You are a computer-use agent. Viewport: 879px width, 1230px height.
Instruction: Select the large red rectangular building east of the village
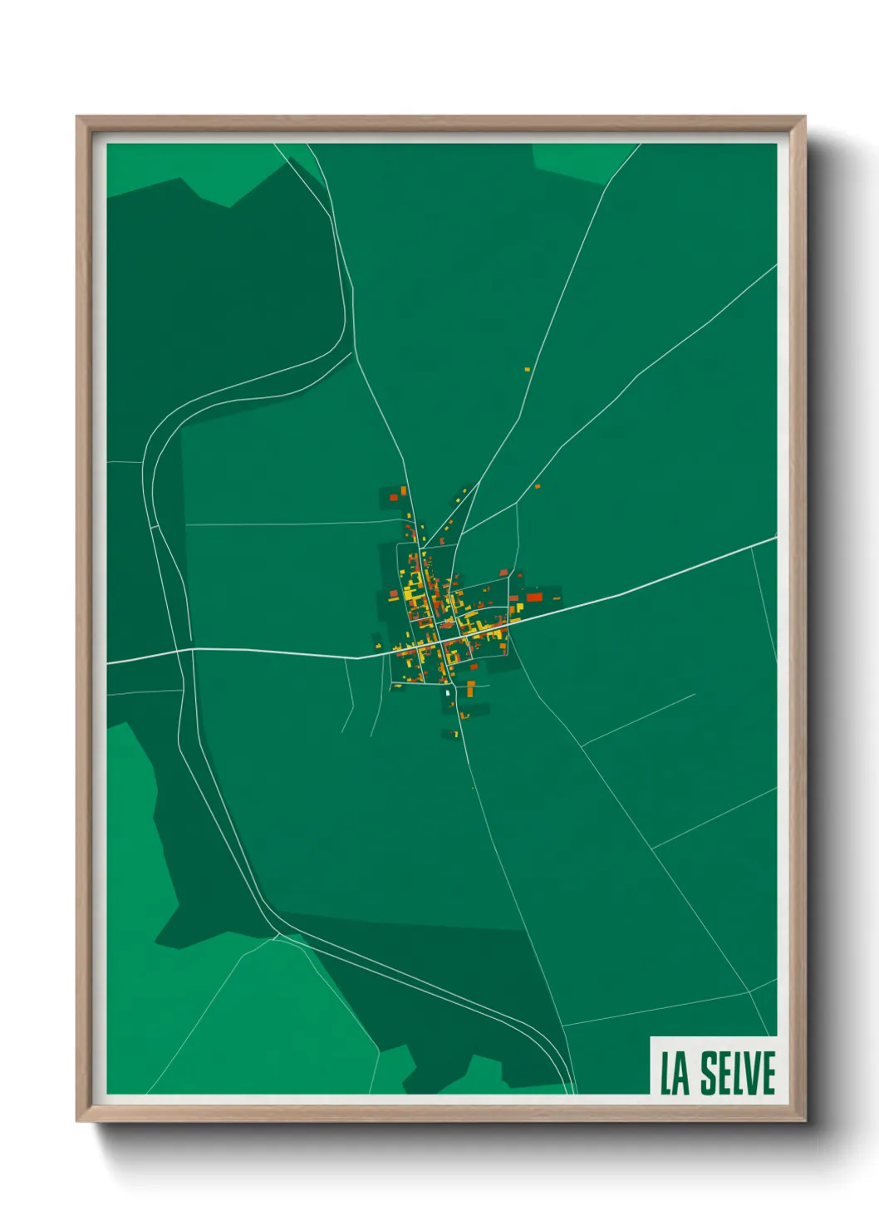(x=533, y=596)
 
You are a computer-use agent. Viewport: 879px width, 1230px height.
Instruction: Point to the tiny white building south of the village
(x=448, y=691)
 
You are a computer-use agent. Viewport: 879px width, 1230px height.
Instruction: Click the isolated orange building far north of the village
(x=527, y=369)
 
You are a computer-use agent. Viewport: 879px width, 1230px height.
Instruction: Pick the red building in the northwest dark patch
(x=394, y=497)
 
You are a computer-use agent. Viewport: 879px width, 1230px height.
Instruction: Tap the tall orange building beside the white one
(x=470, y=689)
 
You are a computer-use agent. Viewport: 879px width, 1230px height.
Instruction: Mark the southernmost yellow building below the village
(x=455, y=734)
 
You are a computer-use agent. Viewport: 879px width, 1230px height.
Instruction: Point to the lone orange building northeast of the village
(x=538, y=486)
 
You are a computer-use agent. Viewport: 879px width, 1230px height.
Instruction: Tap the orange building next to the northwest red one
(x=404, y=491)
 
